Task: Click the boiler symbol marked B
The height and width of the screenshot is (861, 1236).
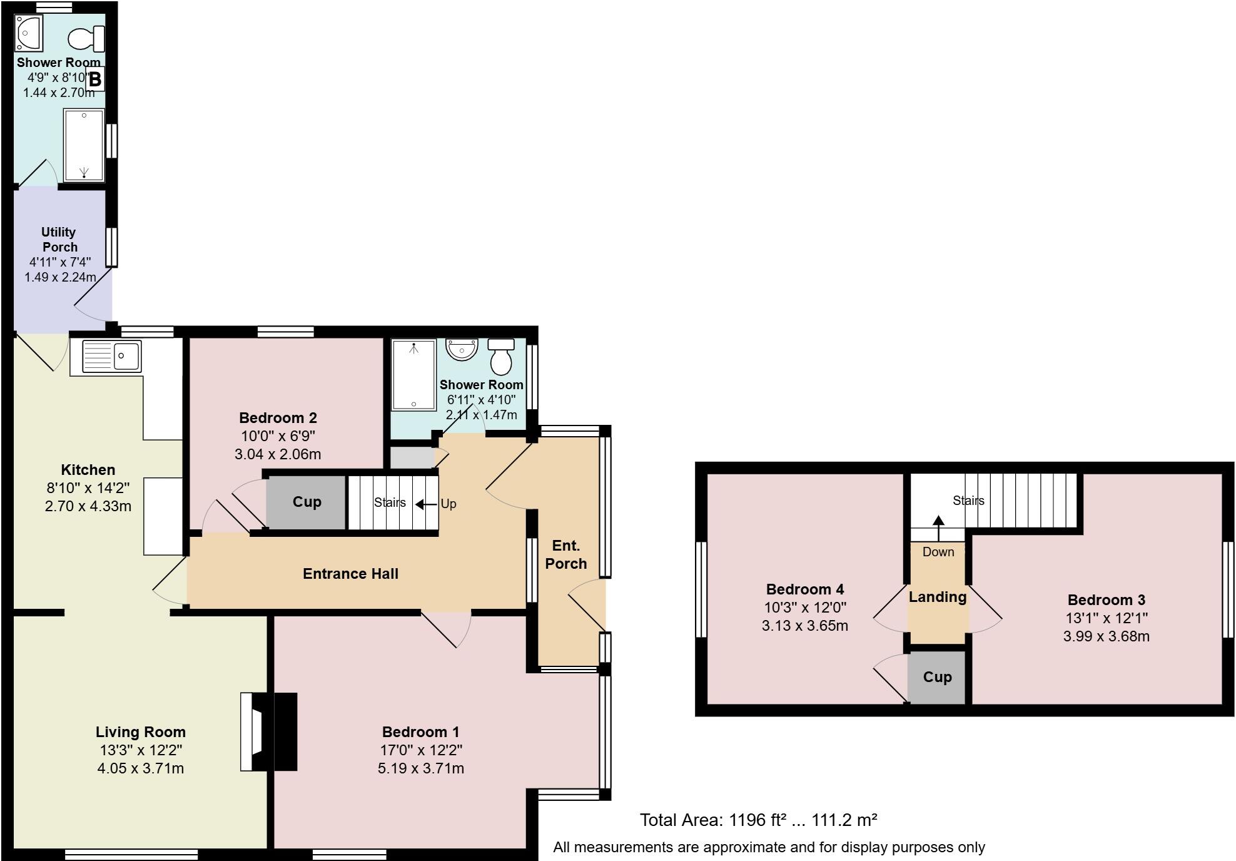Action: click(x=95, y=79)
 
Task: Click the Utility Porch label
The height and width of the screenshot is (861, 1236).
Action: click(x=59, y=240)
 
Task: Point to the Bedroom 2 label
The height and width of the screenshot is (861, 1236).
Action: click(x=278, y=418)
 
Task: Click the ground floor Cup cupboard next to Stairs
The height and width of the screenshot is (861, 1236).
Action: click(x=306, y=502)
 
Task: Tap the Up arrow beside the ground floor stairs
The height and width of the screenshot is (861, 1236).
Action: click(x=427, y=504)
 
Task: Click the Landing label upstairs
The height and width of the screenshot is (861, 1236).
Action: click(x=937, y=597)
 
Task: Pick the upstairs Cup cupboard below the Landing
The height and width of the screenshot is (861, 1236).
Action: click(x=937, y=677)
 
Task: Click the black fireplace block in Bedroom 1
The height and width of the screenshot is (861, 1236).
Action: click(x=285, y=731)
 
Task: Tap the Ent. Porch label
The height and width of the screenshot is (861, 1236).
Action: click(x=565, y=555)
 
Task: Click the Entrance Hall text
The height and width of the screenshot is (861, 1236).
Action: click(x=350, y=574)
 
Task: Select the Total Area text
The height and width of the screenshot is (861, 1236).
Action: click(x=758, y=820)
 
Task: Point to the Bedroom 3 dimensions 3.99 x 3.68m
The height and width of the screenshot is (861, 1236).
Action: click(x=1106, y=636)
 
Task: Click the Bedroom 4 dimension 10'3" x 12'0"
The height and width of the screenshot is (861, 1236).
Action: click(x=804, y=608)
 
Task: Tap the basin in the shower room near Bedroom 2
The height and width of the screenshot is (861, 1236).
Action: click(x=462, y=349)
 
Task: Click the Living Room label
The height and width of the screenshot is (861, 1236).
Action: click(x=140, y=732)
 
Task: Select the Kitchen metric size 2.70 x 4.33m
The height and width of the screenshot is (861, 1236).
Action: click(x=88, y=506)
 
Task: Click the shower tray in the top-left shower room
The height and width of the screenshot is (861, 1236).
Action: click(x=84, y=145)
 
